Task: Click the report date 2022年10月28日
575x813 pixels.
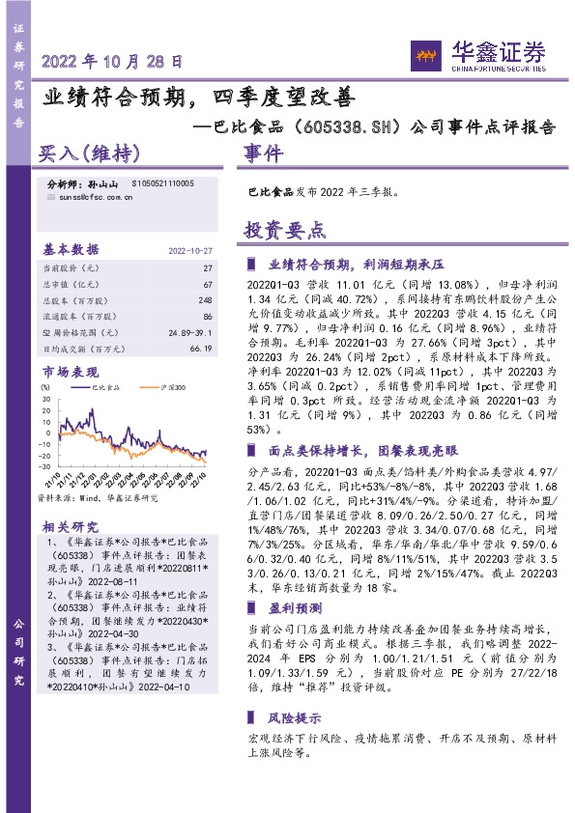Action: [112, 61]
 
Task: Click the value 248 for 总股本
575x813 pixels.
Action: [204, 298]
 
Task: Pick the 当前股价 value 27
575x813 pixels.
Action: [207, 266]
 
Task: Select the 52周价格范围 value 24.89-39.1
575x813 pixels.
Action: [190, 331]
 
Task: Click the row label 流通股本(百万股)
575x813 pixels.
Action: [83, 315]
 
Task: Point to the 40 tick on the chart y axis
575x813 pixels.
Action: [45, 388]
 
